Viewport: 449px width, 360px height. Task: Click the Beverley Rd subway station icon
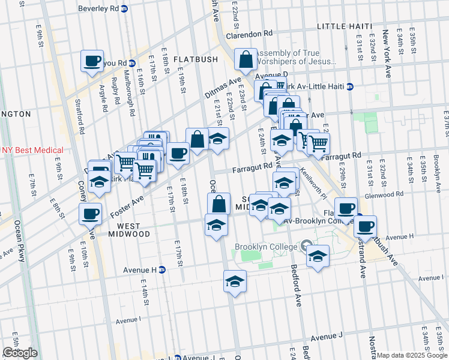click(x=124, y=10)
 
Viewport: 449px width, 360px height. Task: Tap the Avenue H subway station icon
click(x=162, y=270)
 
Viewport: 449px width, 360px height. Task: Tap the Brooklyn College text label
click(x=265, y=247)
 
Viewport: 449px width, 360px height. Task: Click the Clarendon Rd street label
click(x=249, y=34)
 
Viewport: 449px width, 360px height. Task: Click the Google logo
click(x=20, y=353)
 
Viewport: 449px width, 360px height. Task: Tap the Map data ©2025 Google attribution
click(x=412, y=355)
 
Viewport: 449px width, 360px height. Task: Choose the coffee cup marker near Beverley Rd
click(x=92, y=61)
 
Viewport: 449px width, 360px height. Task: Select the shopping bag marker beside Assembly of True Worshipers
click(x=246, y=60)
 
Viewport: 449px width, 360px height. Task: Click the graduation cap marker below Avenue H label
click(x=235, y=281)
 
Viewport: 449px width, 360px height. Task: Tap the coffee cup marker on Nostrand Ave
click(x=365, y=226)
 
